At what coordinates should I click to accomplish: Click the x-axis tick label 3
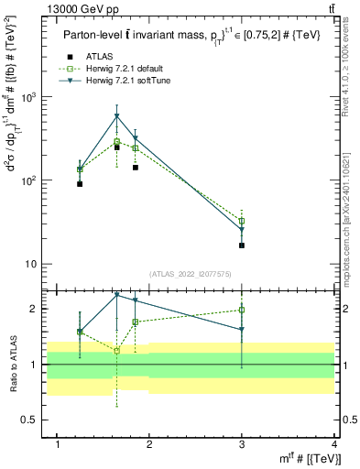pyautogui.click(x=242, y=445)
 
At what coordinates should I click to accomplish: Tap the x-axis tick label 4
pyautogui.click(x=333, y=445)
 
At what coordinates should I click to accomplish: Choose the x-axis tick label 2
pyautogui.click(x=150, y=445)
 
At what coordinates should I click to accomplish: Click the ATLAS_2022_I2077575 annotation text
pyautogui.click(x=191, y=274)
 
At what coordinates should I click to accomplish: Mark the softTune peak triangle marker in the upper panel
pyautogui.click(x=117, y=116)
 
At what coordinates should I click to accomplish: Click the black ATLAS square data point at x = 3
pyautogui.click(x=242, y=245)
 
